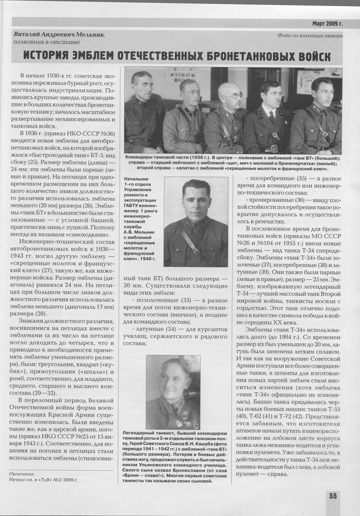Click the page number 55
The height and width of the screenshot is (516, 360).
click(333, 496)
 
